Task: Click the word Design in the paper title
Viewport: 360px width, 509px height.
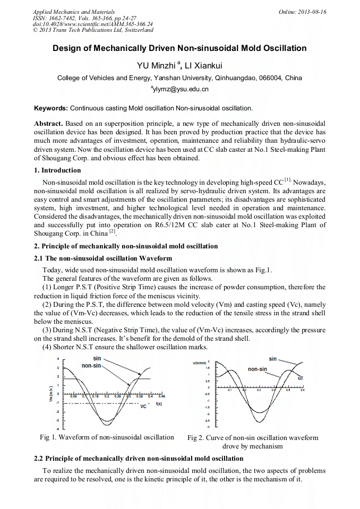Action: (66, 48)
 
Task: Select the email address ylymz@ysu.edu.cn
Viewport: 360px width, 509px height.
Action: (181, 89)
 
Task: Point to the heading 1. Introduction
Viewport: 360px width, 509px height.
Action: (57, 170)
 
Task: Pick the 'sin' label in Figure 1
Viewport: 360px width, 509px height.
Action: (97, 359)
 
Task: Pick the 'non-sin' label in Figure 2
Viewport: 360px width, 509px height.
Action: (257, 369)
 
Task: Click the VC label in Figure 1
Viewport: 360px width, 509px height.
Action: (143, 407)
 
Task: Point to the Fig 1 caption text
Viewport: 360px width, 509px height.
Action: (107, 437)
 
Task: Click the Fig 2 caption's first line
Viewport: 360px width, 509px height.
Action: (253, 438)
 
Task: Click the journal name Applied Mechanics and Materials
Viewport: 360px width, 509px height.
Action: (66, 12)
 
